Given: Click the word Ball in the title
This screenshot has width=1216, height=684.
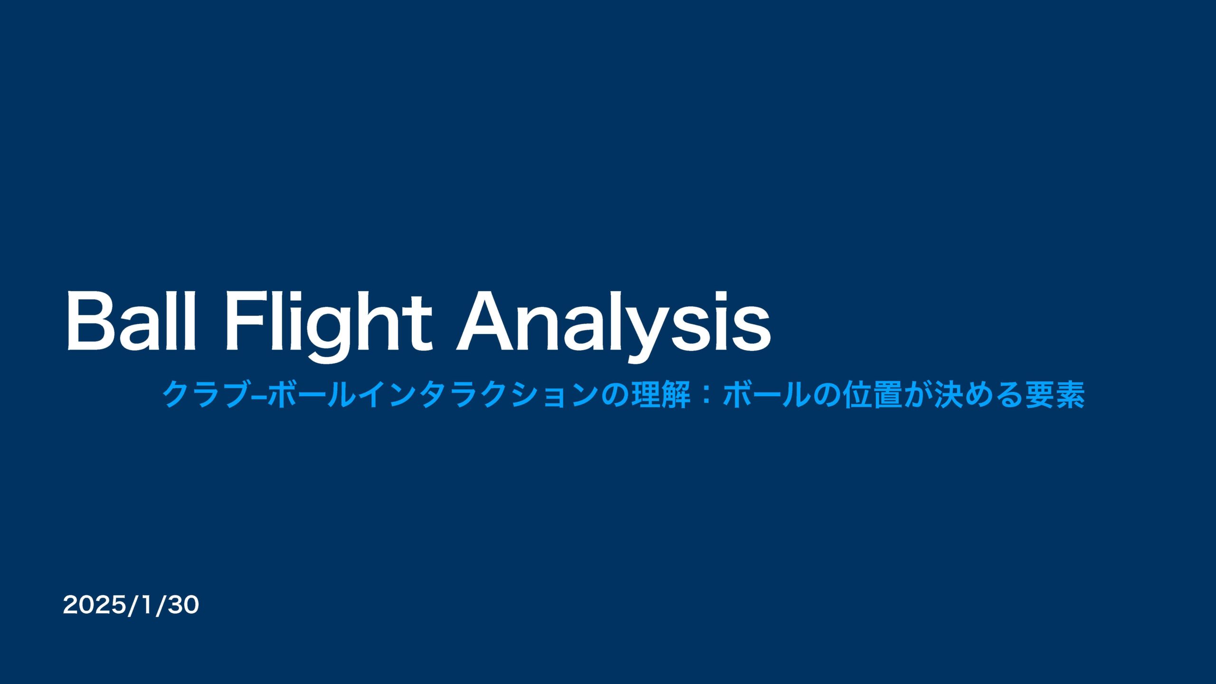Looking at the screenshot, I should [x=131, y=321].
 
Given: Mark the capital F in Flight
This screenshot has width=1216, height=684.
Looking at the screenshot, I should [x=245, y=321].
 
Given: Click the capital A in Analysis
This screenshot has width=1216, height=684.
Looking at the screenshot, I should [x=484, y=321].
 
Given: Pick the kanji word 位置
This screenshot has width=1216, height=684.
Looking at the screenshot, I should [x=872, y=395].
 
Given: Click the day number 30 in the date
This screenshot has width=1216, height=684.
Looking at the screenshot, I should [x=183, y=606].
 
